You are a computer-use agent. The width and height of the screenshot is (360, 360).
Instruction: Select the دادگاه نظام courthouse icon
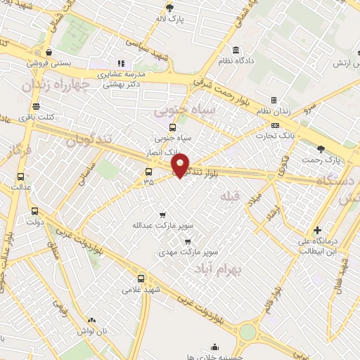234,51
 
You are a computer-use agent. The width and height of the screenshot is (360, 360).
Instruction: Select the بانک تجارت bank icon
274,125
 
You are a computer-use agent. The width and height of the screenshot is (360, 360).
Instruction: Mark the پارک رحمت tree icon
321,148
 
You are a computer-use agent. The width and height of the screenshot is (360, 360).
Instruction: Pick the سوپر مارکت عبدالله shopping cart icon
163,214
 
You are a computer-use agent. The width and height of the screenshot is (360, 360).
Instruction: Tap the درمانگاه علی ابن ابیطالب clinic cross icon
318,229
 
